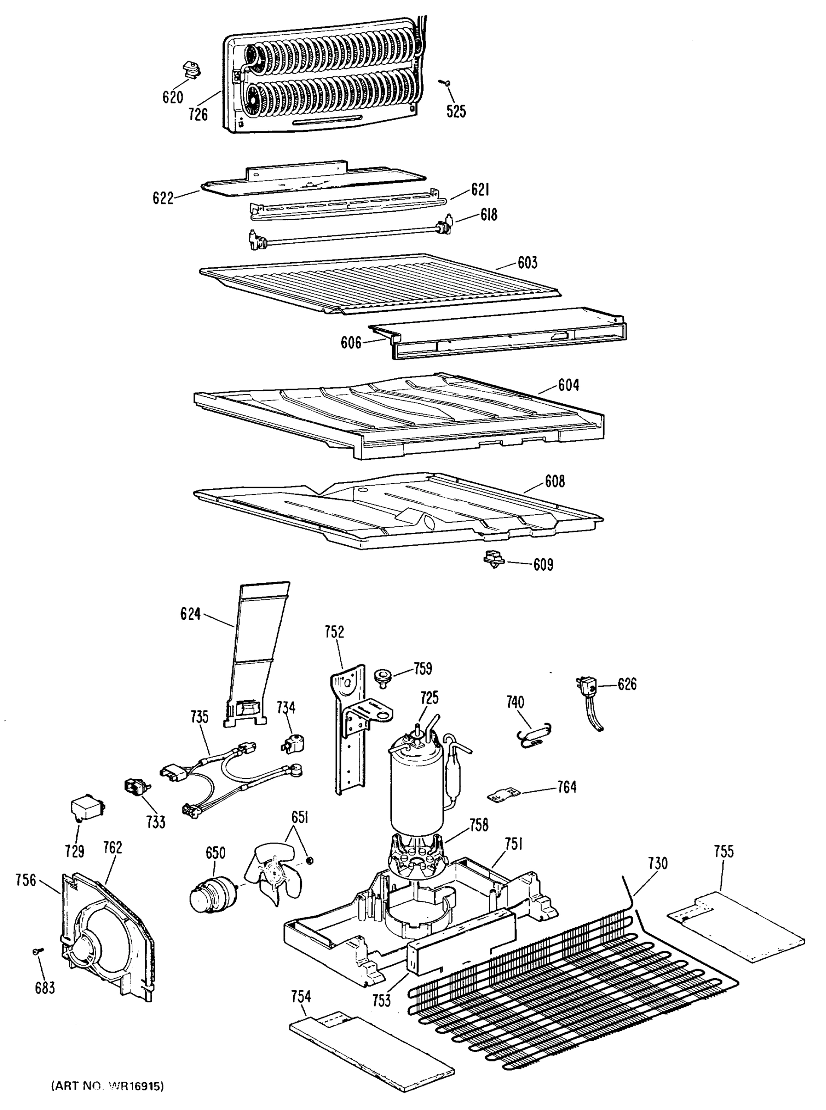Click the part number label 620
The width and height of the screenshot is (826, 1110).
coord(173,97)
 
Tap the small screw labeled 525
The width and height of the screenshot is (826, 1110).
coord(444,82)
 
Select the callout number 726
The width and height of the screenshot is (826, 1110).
coord(198,115)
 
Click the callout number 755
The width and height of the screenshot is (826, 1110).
coord(723,851)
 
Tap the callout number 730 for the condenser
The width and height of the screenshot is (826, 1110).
coord(658,863)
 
